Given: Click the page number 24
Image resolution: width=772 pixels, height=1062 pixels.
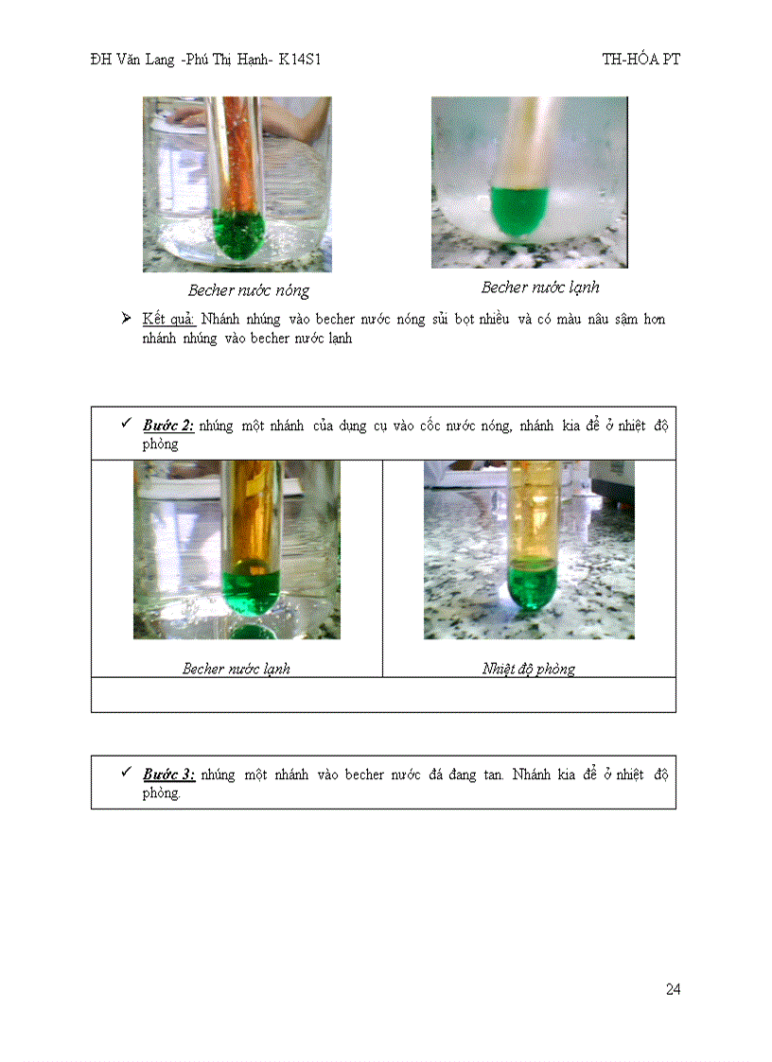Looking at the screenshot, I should [x=673, y=989].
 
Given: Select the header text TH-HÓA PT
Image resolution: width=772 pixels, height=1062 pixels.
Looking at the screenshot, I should [x=640, y=59].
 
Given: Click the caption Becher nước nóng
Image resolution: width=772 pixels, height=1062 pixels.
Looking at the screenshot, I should [x=248, y=290].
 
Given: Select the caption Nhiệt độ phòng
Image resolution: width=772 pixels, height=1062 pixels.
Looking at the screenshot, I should [x=528, y=669].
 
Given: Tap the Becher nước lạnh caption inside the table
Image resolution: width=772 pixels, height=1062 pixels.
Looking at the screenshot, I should [x=236, y=669].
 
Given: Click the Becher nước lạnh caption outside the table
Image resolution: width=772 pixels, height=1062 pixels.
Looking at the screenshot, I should [x=539, y=287].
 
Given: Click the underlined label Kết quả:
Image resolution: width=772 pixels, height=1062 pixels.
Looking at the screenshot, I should [x=168, y=319].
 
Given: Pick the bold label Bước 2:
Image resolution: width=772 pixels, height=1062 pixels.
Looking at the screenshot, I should [x=168, y=426].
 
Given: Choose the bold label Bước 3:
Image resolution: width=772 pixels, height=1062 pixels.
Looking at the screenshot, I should [x=168, y=775].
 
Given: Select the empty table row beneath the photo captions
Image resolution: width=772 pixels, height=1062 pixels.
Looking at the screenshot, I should [x=383, y=694].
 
